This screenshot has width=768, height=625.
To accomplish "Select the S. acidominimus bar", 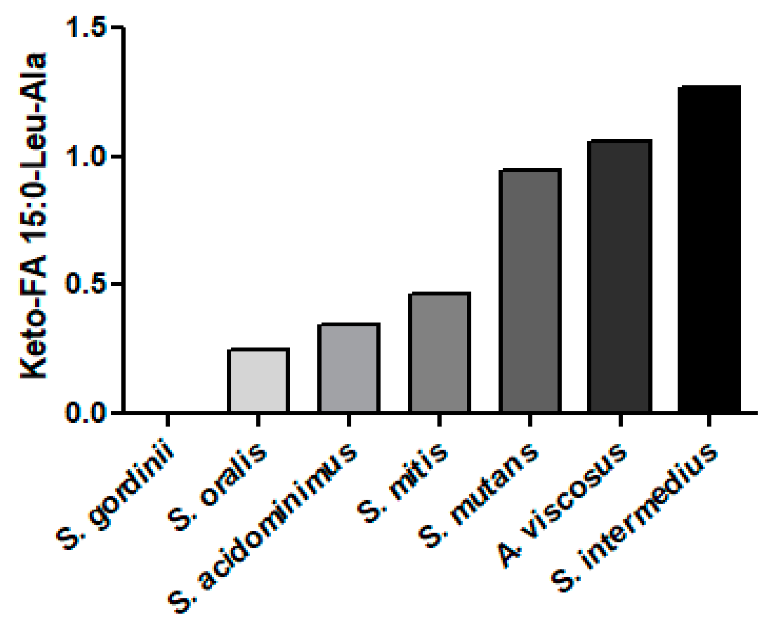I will tap(349, 368).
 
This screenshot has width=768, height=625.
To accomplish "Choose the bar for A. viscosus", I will tap(620, 276).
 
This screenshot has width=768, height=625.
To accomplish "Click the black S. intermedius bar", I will tap(710, 249).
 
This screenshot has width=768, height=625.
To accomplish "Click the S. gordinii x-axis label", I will tap(117, 496).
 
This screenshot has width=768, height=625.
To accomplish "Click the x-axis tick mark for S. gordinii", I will tap(168, 420).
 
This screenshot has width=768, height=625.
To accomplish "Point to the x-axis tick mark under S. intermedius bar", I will tap(710, 420).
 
